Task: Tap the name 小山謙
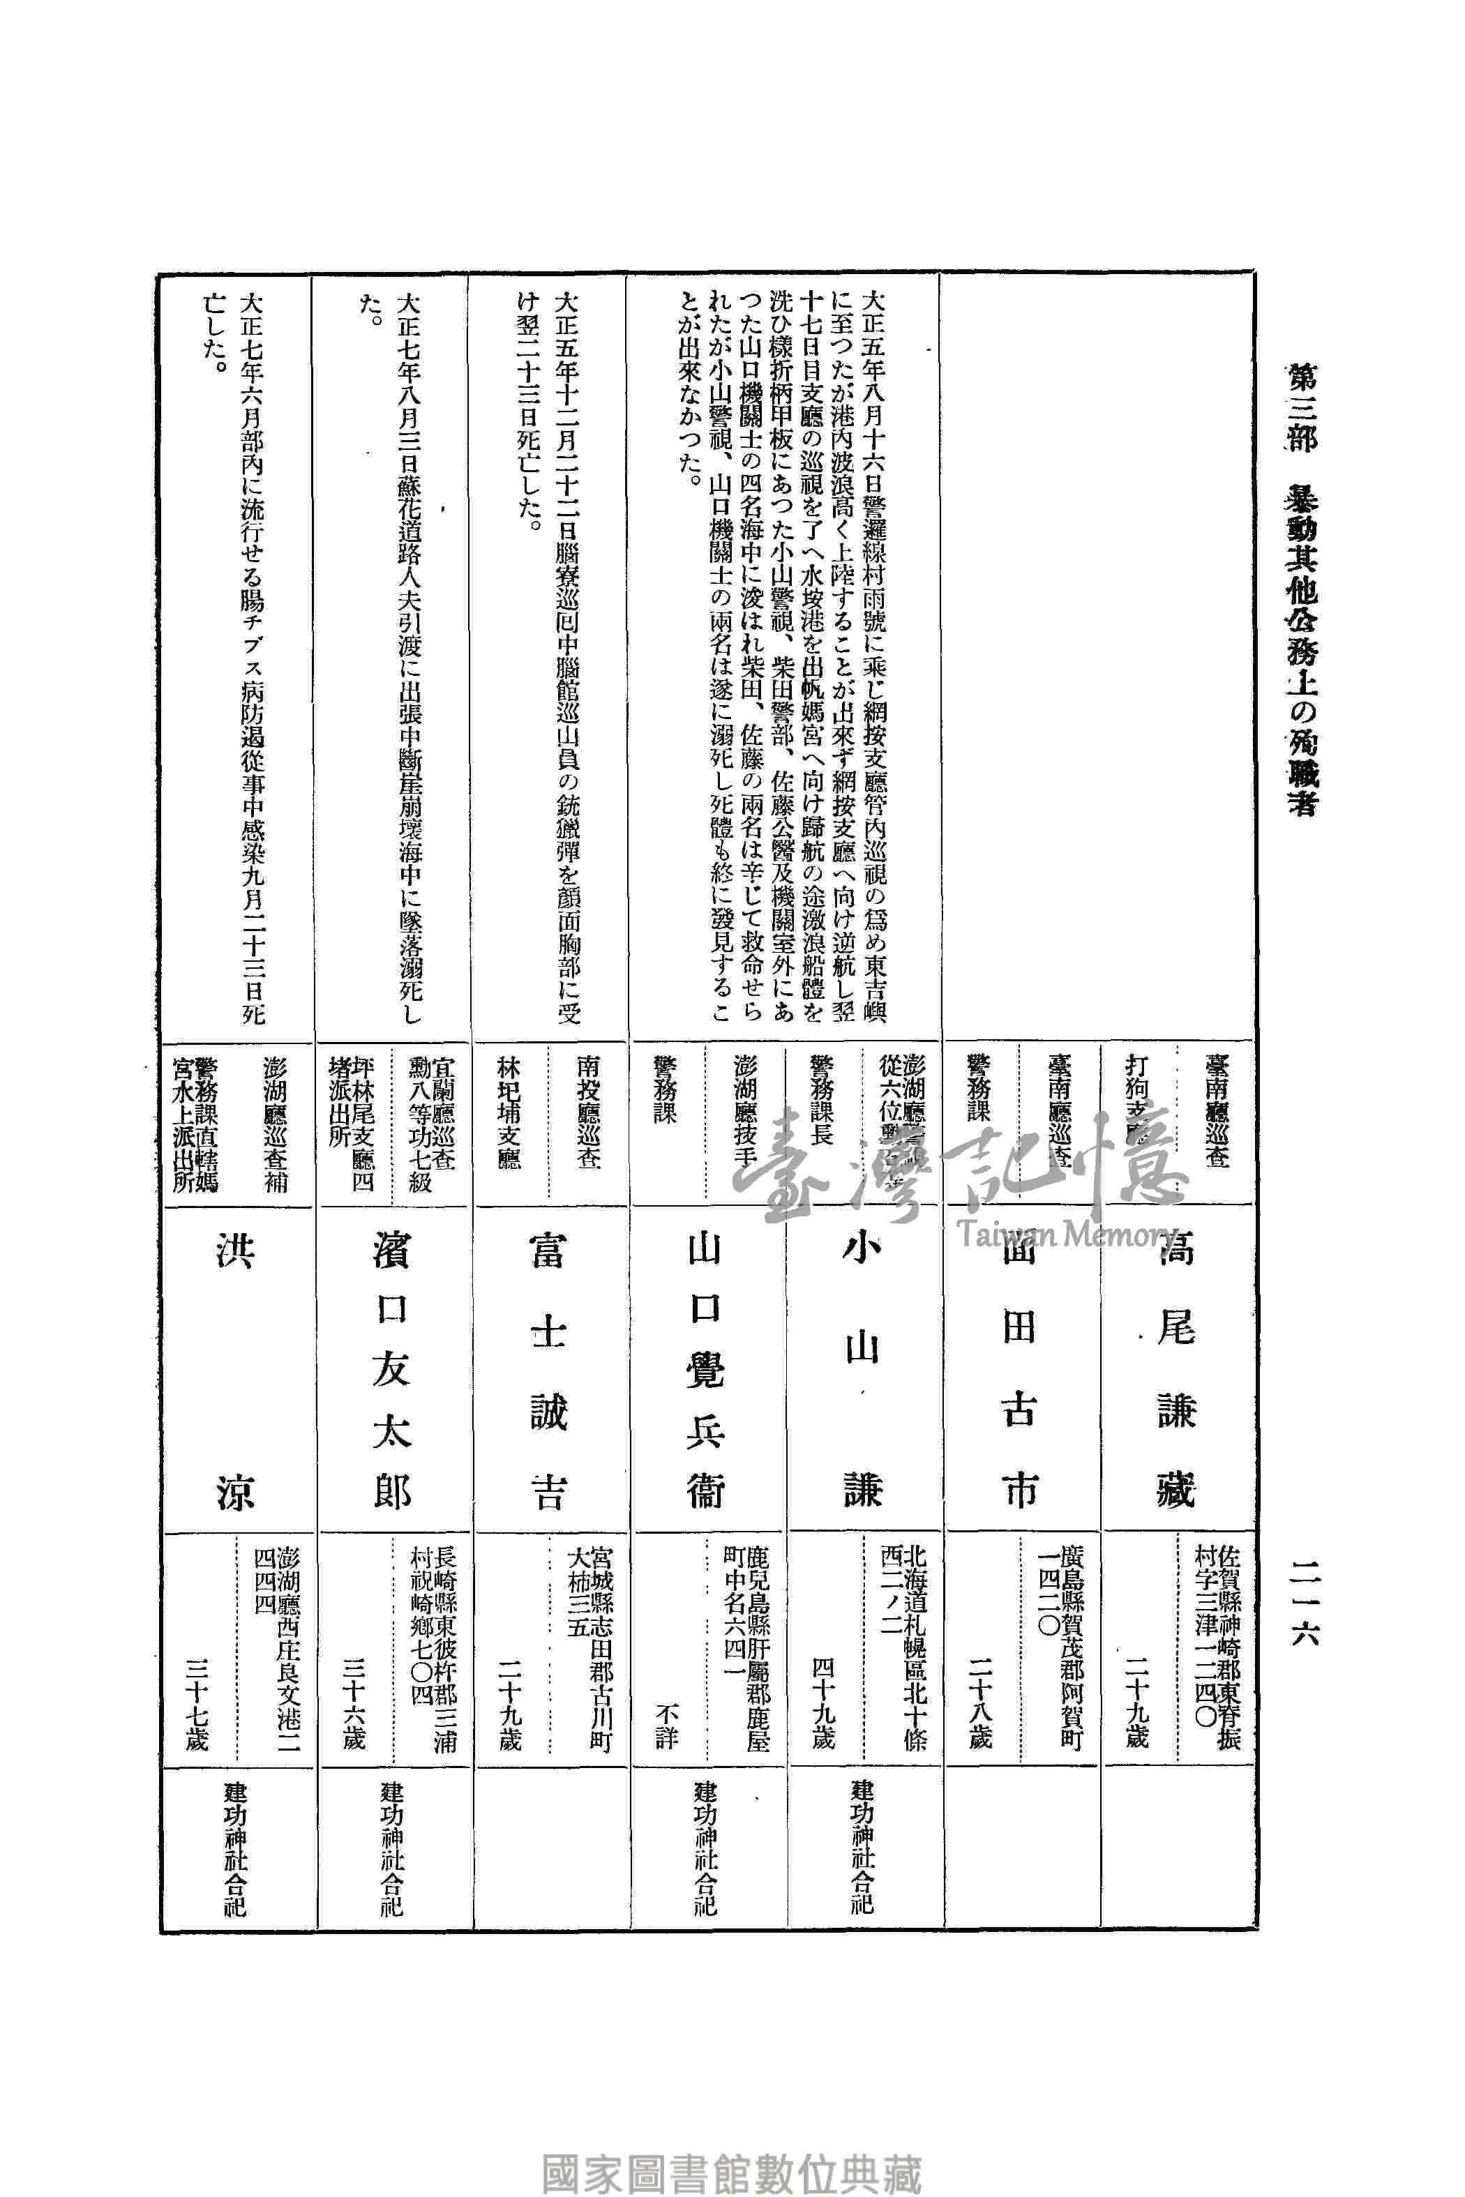tap(862, 1368)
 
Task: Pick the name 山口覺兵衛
tap(705, 1368)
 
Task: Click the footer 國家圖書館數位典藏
tap(732, 2147)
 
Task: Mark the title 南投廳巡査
tap(587, 1112)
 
